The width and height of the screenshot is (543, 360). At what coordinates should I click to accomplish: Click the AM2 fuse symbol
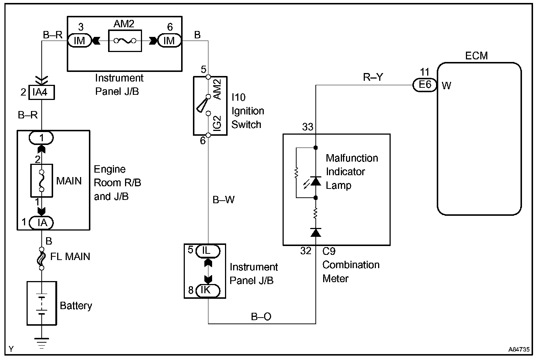coord(125,41)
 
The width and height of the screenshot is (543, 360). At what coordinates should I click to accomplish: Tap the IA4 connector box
coord(39,92)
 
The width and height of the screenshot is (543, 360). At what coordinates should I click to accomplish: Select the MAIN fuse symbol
coord(41,181)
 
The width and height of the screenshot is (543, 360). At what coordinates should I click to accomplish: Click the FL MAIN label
coord(70,256)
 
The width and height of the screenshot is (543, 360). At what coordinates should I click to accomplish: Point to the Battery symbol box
coord(42,303)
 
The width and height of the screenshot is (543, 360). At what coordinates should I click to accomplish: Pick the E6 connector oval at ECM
coord(425,85)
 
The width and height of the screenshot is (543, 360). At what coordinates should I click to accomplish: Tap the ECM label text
coord(476,56)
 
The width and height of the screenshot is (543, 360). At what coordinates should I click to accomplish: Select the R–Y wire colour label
coord(373,77)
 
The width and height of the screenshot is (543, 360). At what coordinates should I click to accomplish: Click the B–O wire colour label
coord(261,316)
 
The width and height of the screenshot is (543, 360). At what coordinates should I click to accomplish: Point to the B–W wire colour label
coord(224,200)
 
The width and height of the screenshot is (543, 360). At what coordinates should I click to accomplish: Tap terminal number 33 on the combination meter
coord(308,127)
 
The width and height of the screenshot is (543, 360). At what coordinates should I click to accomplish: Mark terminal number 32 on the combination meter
coord(306,251)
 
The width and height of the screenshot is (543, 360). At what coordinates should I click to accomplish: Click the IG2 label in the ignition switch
coord(217,124)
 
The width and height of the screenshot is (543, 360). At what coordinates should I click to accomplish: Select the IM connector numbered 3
coord(79,41)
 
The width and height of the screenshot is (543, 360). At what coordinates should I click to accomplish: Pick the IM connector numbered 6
coord(169,41)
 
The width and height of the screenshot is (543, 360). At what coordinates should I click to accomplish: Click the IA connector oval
coord(41,222)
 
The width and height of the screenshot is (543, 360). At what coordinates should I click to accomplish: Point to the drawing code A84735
coord(519,349)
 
